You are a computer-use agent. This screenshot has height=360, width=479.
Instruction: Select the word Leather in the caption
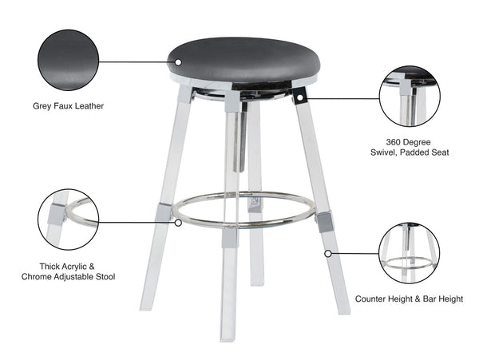click(x=89, y=105)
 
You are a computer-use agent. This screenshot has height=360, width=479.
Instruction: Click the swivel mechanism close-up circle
click(x=410, y=97)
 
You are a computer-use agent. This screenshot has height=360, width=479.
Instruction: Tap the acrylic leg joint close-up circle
click(x=68, y=220)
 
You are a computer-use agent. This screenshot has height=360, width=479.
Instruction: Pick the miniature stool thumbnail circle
click(x=409, y=253)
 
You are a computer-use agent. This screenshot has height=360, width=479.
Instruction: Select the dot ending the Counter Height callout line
click(x=327, y=254)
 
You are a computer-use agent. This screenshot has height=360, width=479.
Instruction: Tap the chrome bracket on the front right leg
click(x=325, y=221)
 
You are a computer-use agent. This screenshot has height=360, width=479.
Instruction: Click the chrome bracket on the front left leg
click(x=164, y=212)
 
